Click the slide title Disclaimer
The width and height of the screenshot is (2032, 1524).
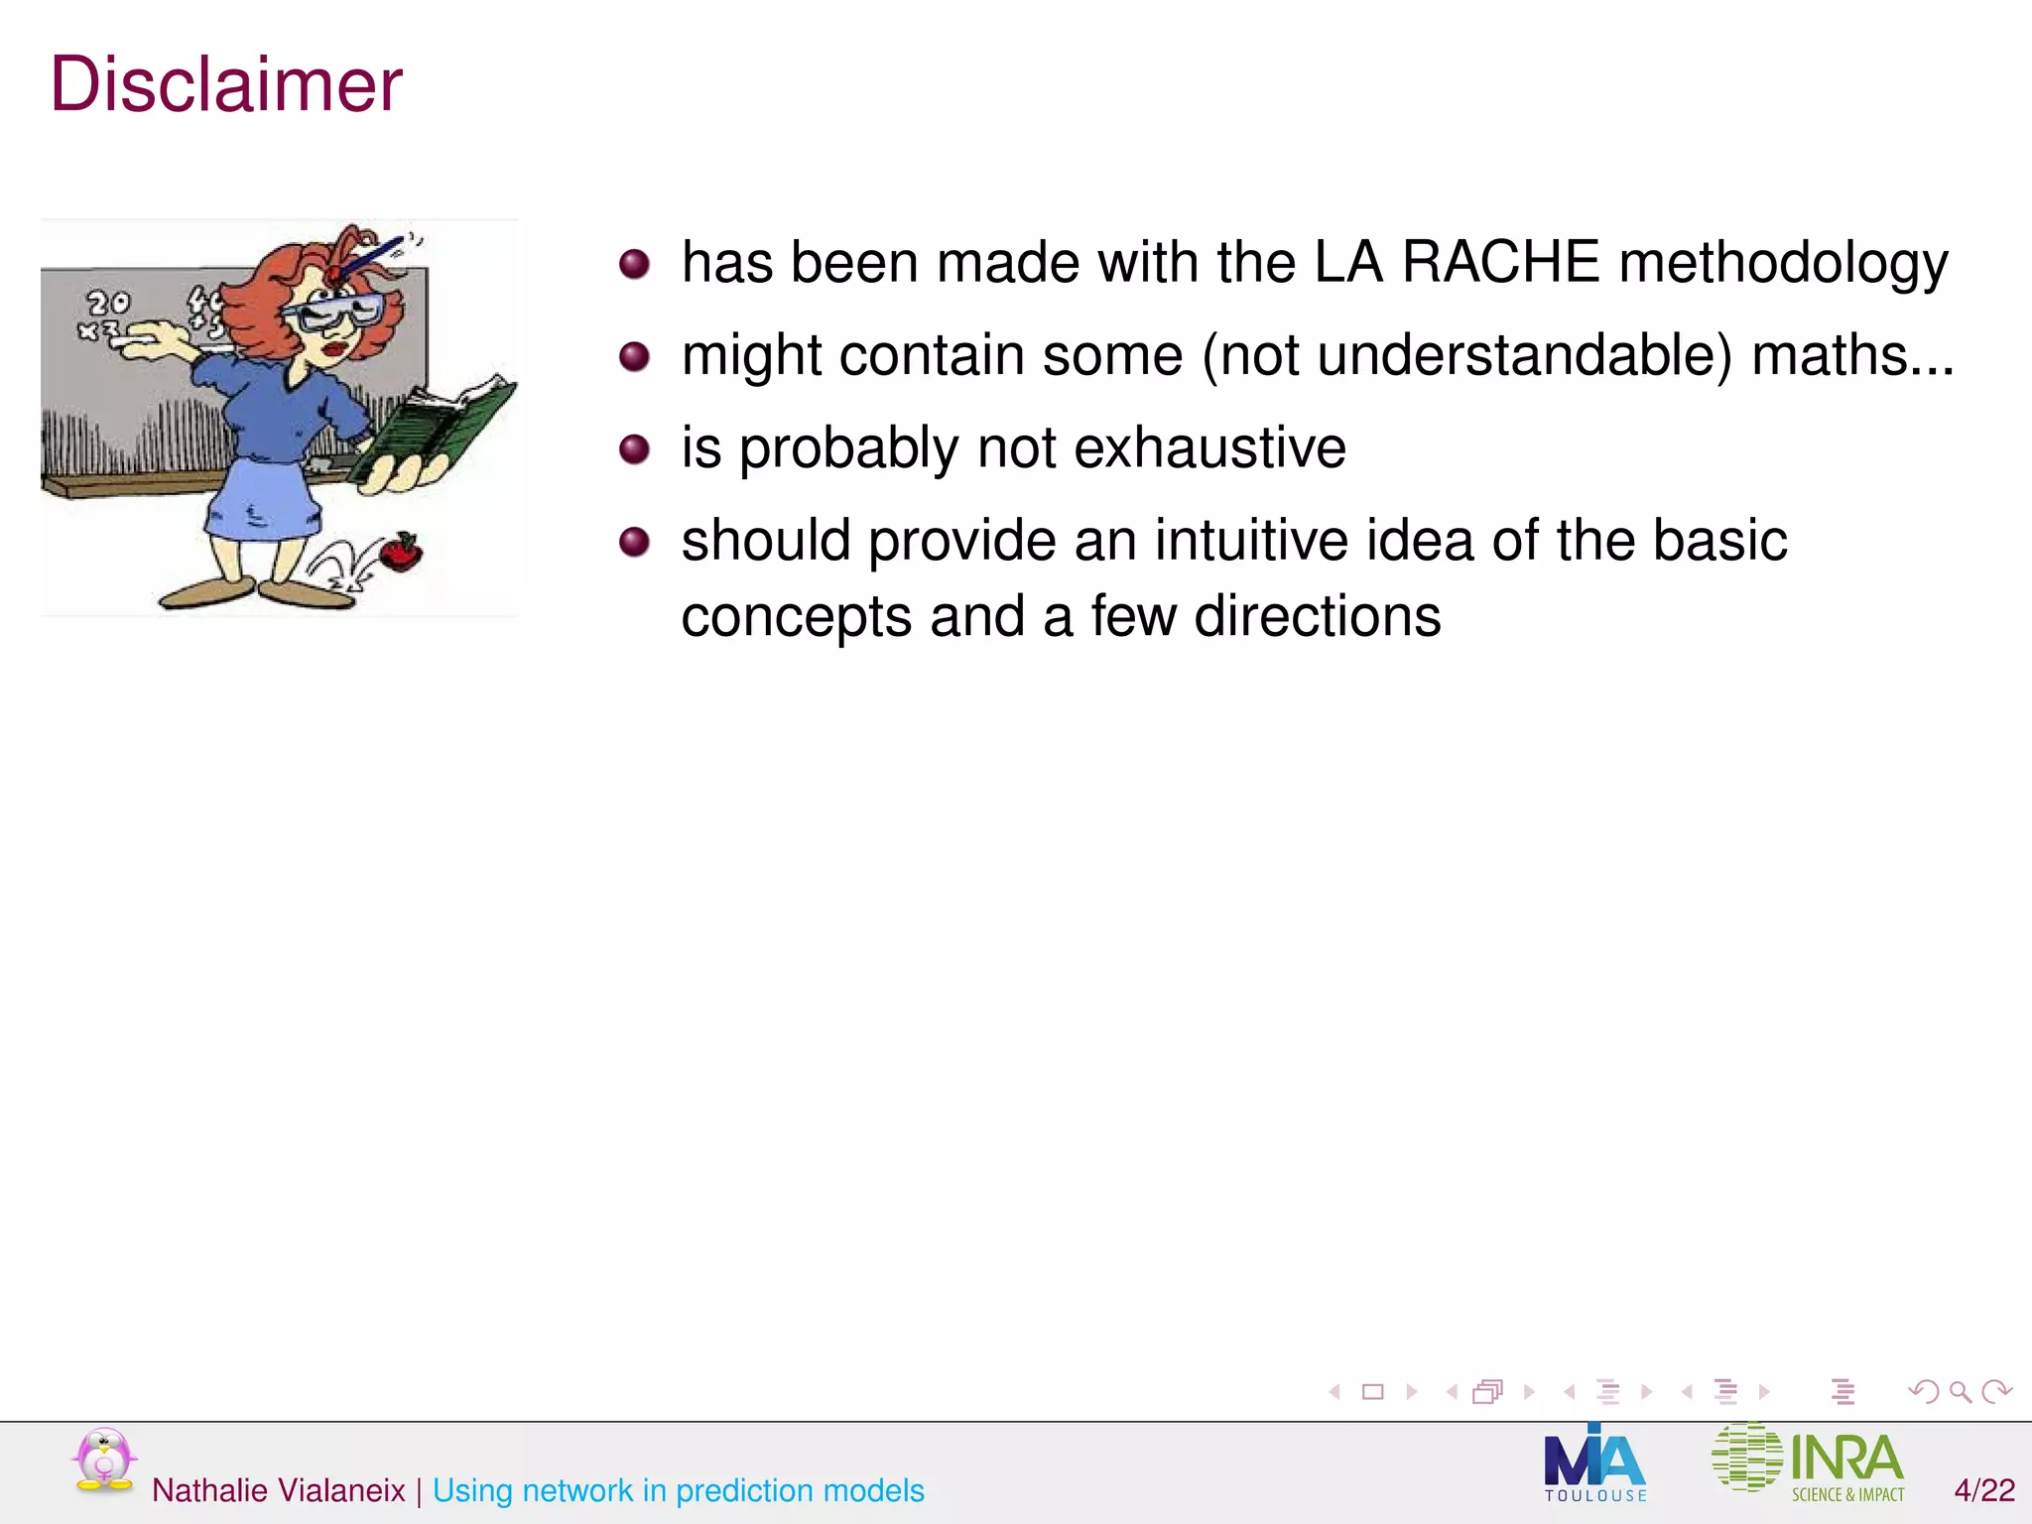click(226, 85)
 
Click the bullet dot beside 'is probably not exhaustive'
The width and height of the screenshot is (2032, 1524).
click(634, 449)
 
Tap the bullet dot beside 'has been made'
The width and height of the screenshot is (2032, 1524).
click(634, 264)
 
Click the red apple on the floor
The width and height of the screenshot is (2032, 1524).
click(401, 552)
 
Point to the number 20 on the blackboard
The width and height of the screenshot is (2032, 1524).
click(108, 302)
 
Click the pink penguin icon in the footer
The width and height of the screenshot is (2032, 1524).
click(104, 1460)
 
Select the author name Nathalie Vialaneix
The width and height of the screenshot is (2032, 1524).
click(278, 1490)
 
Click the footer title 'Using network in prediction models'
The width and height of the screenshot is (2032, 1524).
click(678, 1490)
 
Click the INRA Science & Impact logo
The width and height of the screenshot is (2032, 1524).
click(1808, 1461)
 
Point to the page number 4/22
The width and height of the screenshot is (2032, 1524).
click(1984, 1490)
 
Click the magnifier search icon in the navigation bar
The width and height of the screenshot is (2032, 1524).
click(1960, 1392)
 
